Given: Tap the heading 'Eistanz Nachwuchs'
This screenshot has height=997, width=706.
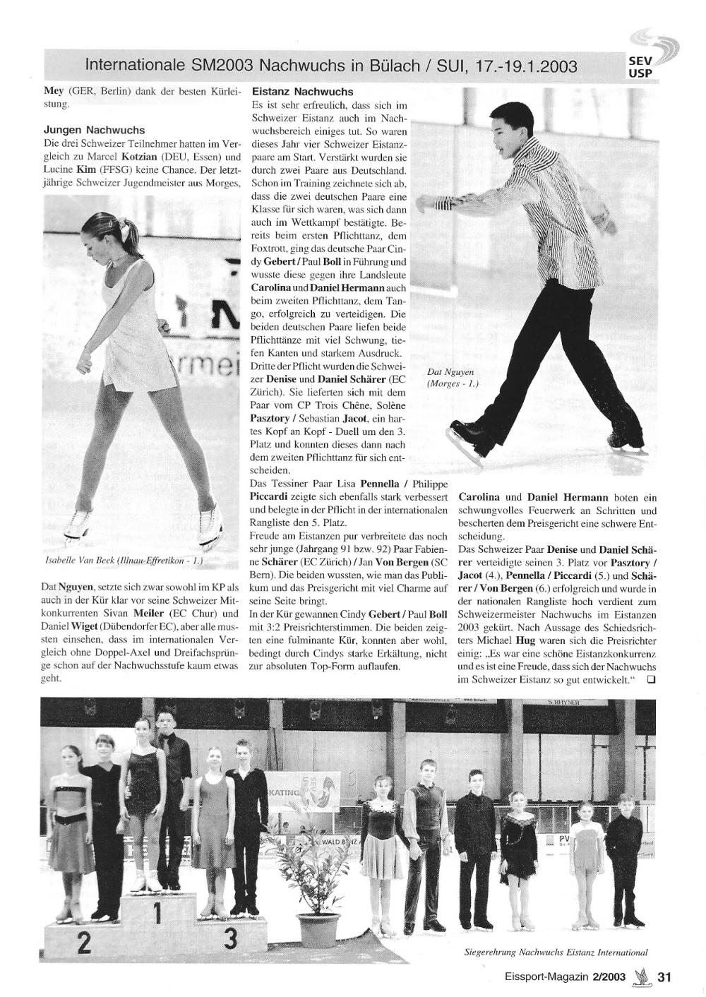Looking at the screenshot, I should (x=302, y=92).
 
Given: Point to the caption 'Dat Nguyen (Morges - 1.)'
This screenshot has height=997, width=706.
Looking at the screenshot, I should (x=452, y=378).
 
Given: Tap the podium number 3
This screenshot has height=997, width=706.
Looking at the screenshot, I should (x=229, y=940).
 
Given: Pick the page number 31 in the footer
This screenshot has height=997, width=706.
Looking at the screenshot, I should (x=664, y=978).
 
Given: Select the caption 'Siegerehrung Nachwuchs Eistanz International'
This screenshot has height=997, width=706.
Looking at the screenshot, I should (x=556, y=953).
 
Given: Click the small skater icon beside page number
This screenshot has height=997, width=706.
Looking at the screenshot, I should (x=641, y=977).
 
